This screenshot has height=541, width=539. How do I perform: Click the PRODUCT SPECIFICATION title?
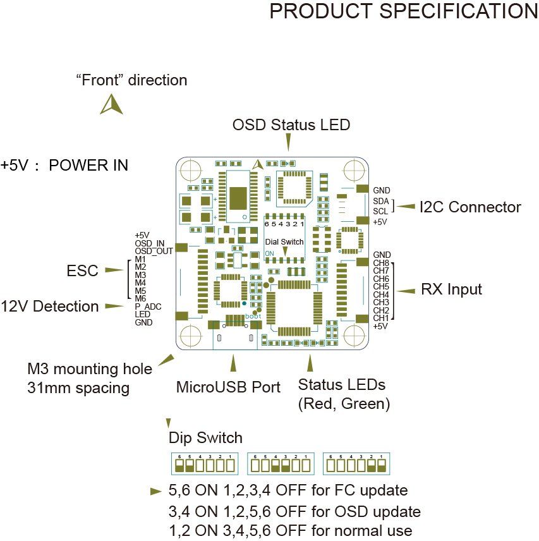pyautogui.click(x=403, y=12)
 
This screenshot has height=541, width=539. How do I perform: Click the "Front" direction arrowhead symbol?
pyautogui.click(x=111, y=105)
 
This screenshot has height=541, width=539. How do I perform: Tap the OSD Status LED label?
pyautogui.click(x=291, y=125)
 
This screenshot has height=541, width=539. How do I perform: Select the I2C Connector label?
pyautogui.click(x=470, y=207)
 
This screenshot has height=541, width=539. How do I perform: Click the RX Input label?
pyautogui.click(x=451, y=289)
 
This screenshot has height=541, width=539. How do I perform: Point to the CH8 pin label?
pyautogui.click(x=381, y=264)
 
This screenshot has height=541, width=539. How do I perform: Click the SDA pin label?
pyautogui.click(x=381, y=201)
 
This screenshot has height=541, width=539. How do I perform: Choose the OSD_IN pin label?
pyautogui.click(x=150, y=243)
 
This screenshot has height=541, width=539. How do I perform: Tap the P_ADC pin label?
pyautogui.click(x=148, y=307)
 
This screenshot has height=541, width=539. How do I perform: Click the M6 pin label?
pyautogui.click(x=140, y=298)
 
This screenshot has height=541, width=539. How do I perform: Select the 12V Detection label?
pyautogui.click(x=50, y=307)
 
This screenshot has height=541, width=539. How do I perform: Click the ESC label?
pyautogui.click(x=83, y=271)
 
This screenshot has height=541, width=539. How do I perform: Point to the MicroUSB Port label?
pyautogui.click(x=228, y=387)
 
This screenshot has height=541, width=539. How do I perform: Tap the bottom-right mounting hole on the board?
pyautogui.click(x=353, y=334)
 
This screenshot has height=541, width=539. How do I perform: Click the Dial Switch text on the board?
pyautogui.click(x=284, y=242)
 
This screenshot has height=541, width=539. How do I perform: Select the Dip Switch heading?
pyautogui.click(x=205, y=437)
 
